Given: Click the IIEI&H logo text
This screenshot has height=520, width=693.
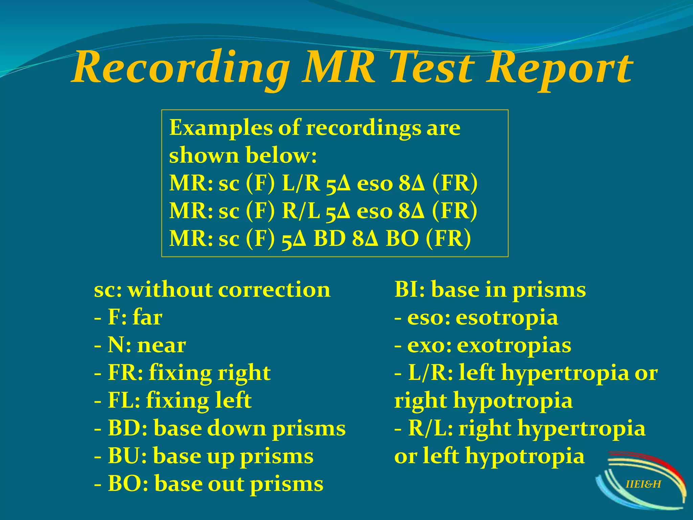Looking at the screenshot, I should pos(643,484).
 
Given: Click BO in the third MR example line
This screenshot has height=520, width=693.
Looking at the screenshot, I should pos(402,239).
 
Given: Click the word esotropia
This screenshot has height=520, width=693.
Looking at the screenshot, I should pos(507,318).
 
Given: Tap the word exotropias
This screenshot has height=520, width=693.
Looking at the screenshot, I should pos(514,346).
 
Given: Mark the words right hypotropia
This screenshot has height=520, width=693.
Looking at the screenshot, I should pos(484,401).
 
